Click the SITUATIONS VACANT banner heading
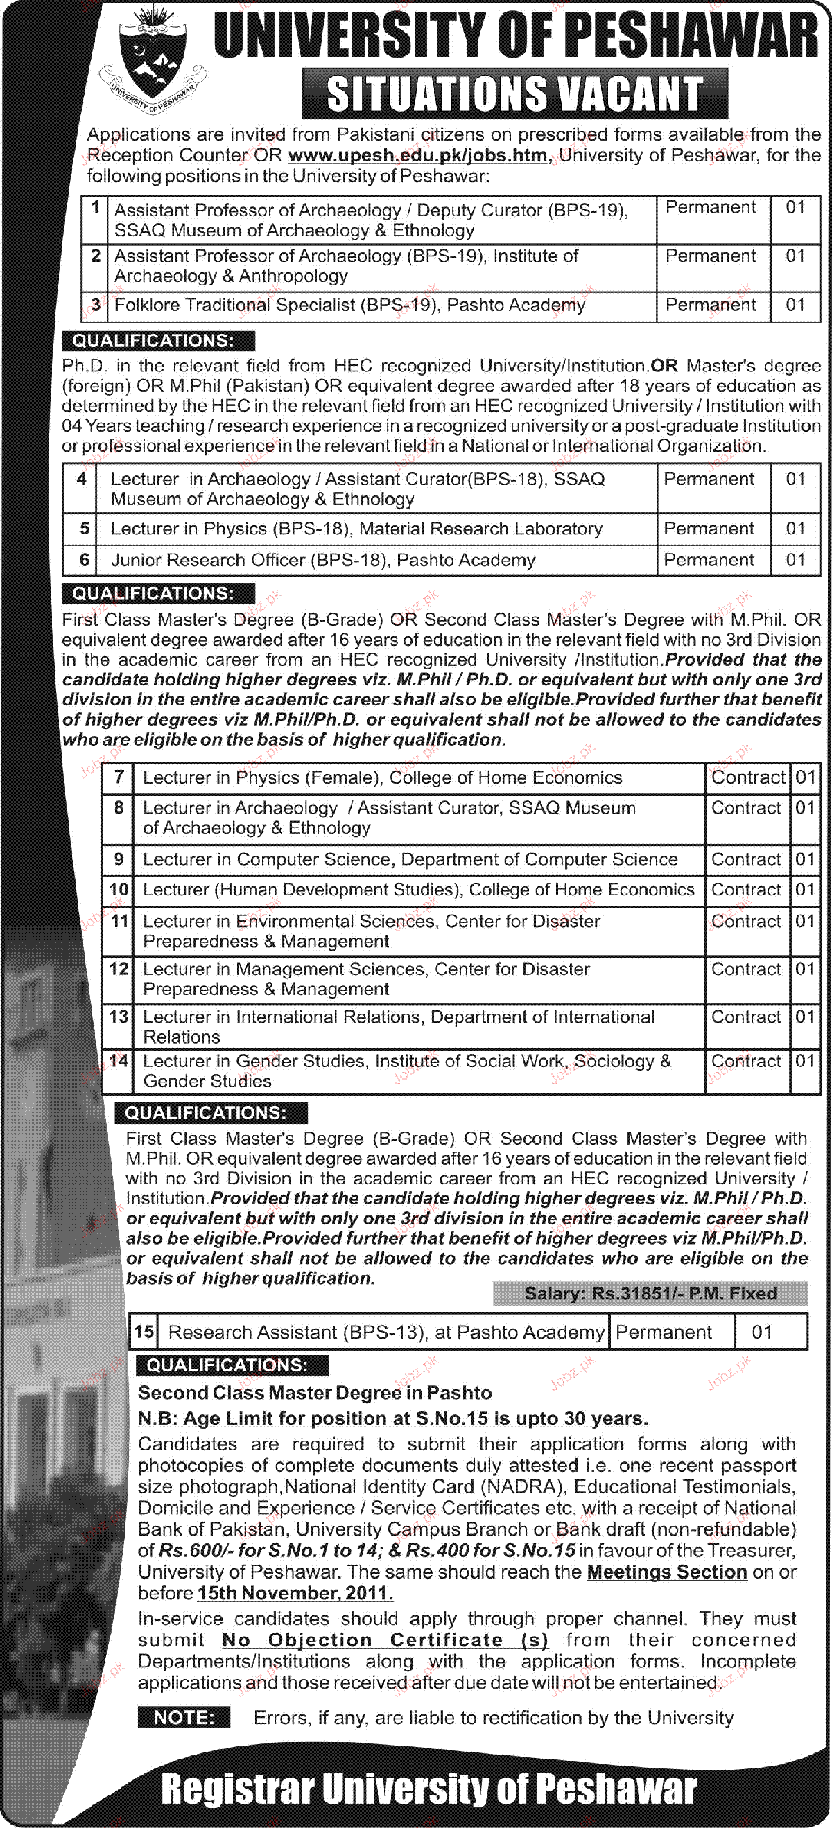[x=514, y=94]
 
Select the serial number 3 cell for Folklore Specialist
[x=95, y=305]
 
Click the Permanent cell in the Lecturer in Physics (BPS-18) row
[x=709, y=529]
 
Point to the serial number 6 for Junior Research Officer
[x=84, y=560]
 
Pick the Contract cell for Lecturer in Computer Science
[x=746, y=859]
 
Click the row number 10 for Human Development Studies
[x=118, y=890]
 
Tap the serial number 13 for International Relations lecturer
[x=118, y=1017]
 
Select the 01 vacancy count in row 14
[x=804, y=1061]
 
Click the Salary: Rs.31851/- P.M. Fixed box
[x=650, y=1293]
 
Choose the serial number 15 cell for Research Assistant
[x=144, y=1332]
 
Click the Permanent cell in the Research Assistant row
[x=664, y=1332]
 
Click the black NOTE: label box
[x=184, y=1716]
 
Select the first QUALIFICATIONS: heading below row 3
[x=153, y=341]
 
